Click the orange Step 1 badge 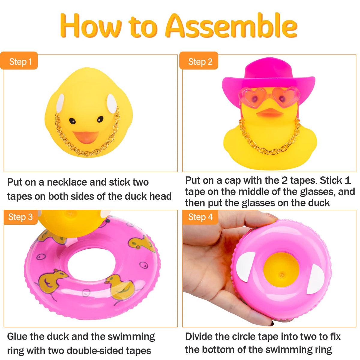tap(19, 61)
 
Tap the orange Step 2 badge tap(199, 61)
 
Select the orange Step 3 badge tap(21, 217)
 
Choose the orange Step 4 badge tap(200, 217)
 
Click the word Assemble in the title tap(231, 26)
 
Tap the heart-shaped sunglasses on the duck tap(269, 97)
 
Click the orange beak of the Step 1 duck tap(86, 137)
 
